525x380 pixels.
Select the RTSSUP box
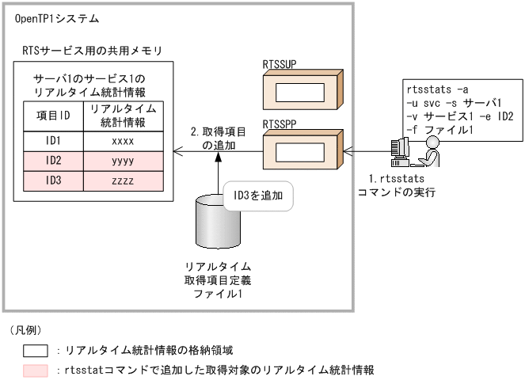304,90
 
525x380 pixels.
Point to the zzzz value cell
122,180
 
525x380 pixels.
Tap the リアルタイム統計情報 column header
122,116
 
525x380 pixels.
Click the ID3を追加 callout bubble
258,194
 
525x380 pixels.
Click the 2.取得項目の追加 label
219,139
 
